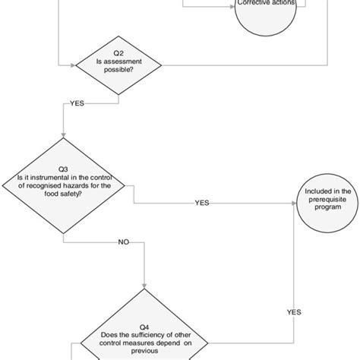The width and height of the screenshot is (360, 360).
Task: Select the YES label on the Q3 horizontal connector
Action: click(x=202, y=203)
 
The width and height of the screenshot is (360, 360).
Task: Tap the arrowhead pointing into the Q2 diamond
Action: click(x=73, y=65)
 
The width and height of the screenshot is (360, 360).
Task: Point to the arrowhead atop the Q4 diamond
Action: click(x=144, y=286)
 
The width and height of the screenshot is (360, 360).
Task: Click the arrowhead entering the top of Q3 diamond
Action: click(x=64, y=134)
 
